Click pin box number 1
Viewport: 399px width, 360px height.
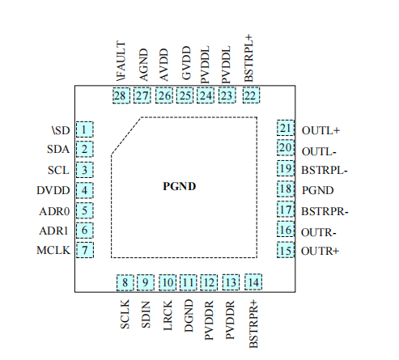click(x=84, y=129)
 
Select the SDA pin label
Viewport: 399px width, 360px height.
click(x=58, y=149)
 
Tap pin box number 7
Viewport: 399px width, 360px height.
click(x=84, y=251)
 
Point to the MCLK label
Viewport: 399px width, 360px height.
click(x=53, y=251)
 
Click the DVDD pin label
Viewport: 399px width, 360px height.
click(x=54, y=190)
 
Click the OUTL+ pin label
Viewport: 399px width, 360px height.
click(x=320, y=129)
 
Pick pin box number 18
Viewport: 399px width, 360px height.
click(x=285, y=190)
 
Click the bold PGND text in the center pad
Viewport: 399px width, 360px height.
click(x=180, y=186)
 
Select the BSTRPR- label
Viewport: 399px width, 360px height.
click(x=325, y=210)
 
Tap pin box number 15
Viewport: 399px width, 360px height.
click(x=285, y=251)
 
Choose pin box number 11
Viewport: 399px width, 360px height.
click(x=189, y=282)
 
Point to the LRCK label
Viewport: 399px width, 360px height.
click(x=168, y=312)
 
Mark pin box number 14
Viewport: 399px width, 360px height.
click(x=254, y=282)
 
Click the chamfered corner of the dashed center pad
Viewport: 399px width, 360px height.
click(x=126, y=134)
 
